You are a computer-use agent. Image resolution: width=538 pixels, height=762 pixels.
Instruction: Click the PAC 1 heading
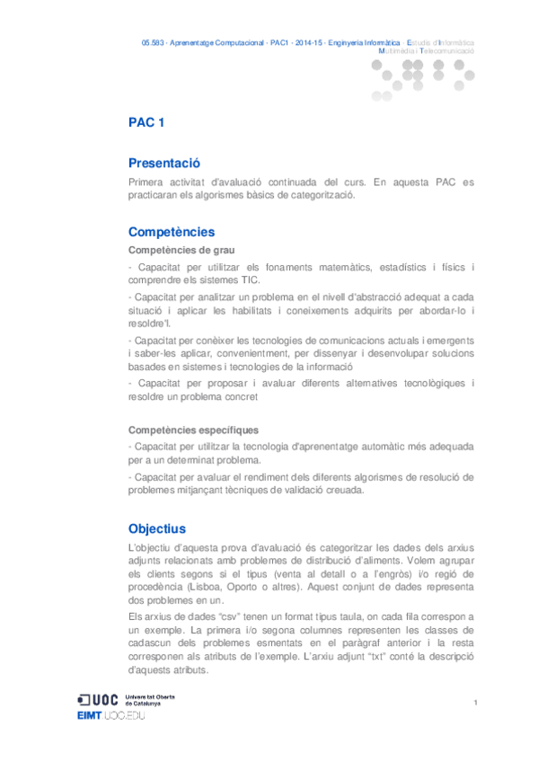click(x=146, y=123)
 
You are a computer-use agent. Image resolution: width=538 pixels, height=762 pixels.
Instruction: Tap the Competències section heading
click(x=172, y=232)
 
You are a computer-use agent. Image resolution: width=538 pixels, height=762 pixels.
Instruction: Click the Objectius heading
click(x=157, y=529)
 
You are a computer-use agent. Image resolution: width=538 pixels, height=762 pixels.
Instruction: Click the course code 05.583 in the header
click(x=154, y=42)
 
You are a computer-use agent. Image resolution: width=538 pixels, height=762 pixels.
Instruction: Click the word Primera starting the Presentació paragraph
click(x=149, y=182)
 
